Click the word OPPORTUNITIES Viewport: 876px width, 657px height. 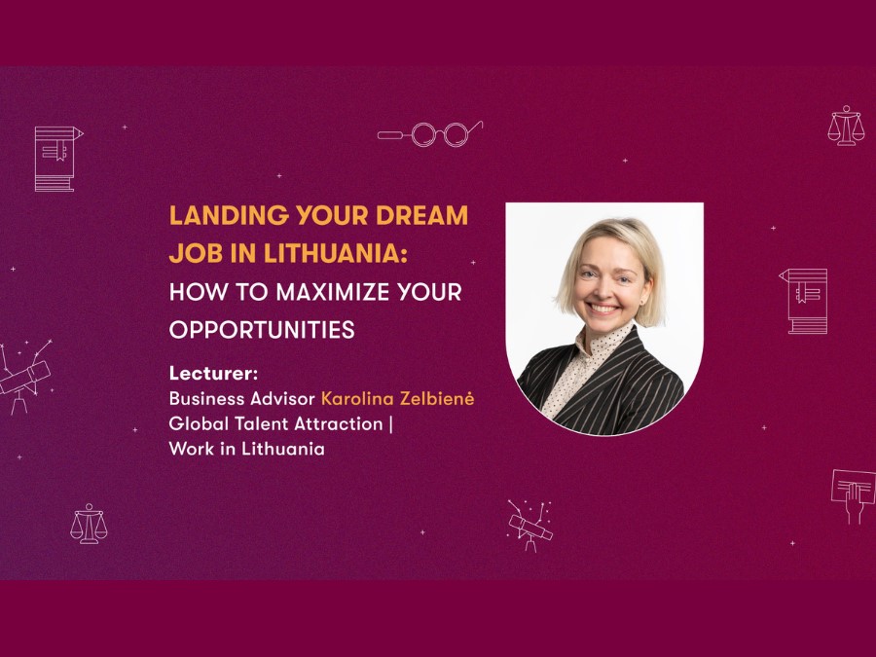click(x=262, y=330)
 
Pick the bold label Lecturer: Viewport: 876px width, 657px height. click(x=213, y=373)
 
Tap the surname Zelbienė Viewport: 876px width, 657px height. click(x=437, y=398)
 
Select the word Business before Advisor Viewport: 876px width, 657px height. click(x=206, y=398)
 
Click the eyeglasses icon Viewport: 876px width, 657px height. click(x=430, y=133)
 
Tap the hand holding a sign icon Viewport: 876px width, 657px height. click(x=853, y=496)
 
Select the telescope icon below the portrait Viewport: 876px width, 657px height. click(x=529, y=526)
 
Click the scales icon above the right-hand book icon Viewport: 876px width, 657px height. click(x=846, y=126)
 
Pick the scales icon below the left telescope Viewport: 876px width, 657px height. click(x=89, y=524)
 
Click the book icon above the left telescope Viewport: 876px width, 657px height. click(x=58, y=159)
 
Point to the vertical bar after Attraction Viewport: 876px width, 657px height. click(x=390, y=424)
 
